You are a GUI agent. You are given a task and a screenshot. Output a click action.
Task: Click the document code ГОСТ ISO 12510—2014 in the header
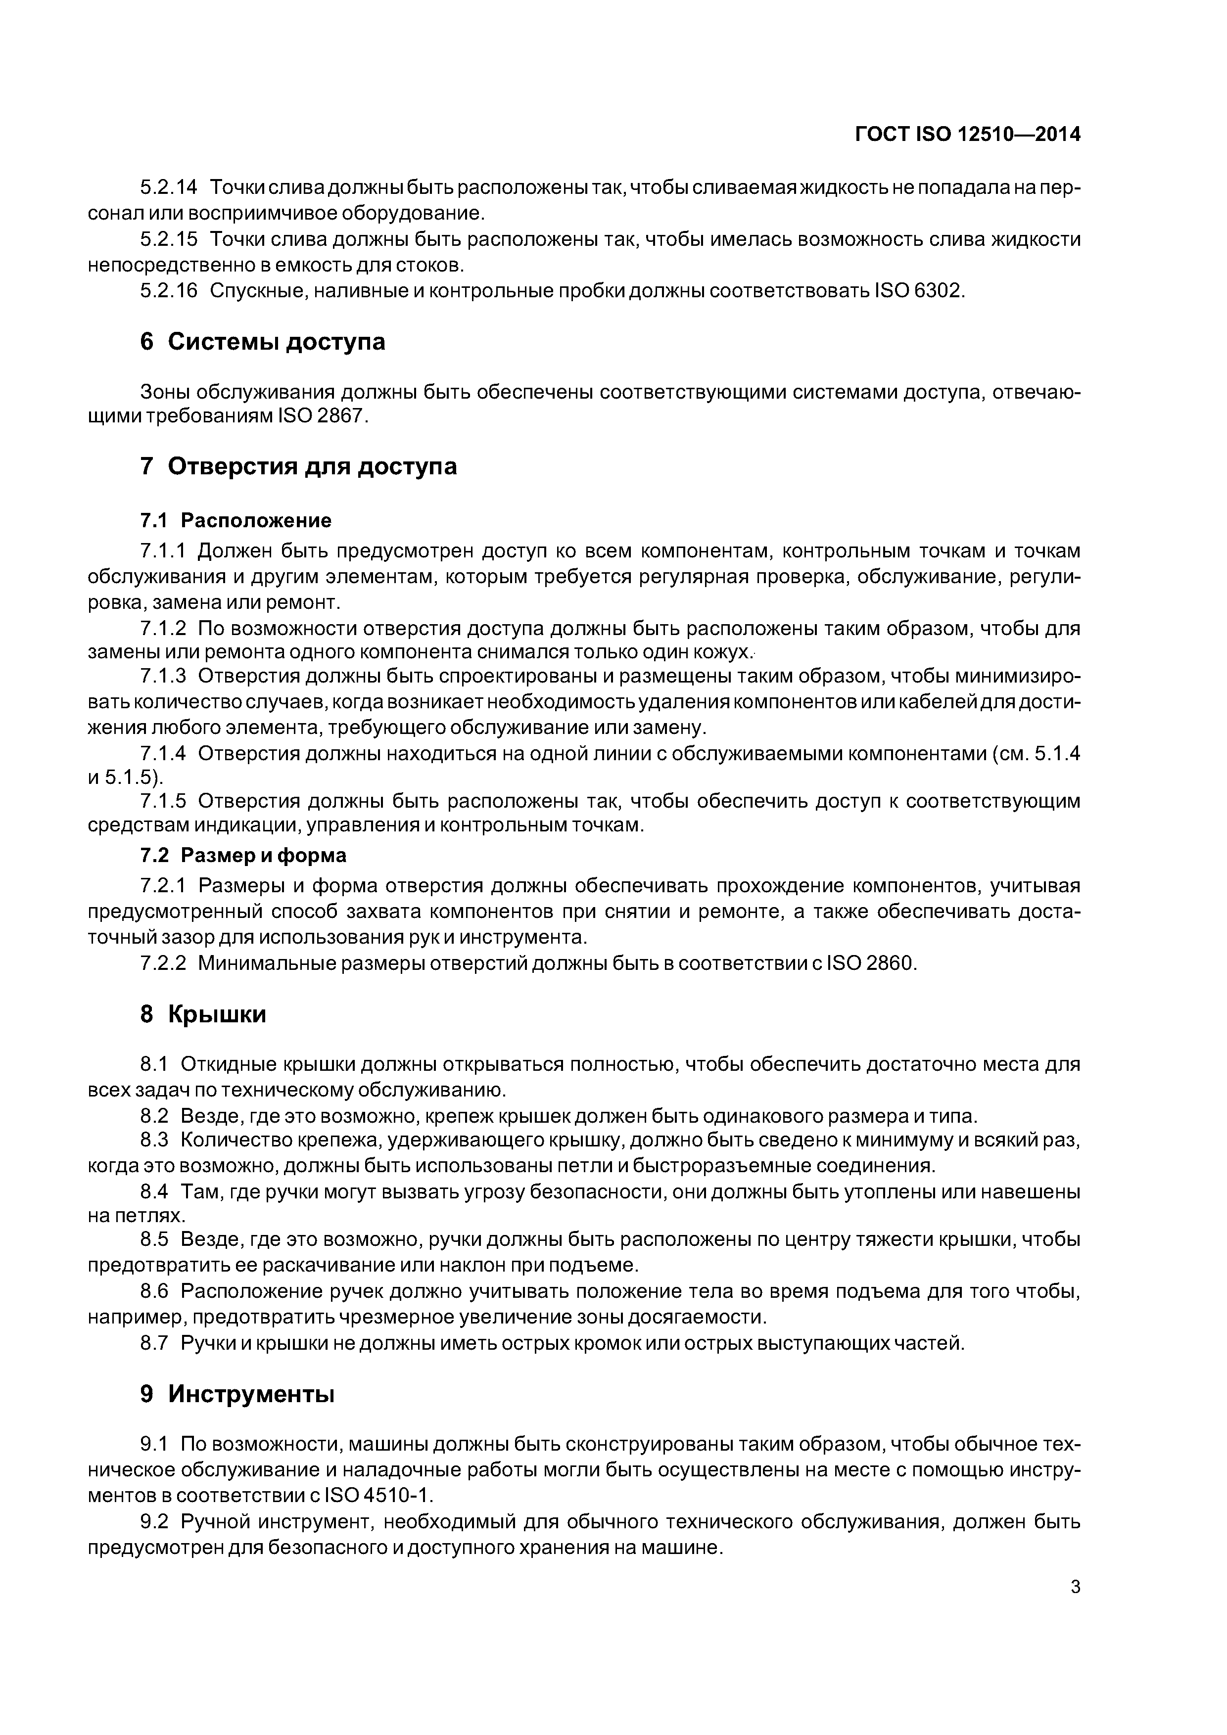tap(968, 135)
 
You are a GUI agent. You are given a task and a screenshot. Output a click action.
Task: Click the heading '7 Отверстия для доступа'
tap(299, 466)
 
